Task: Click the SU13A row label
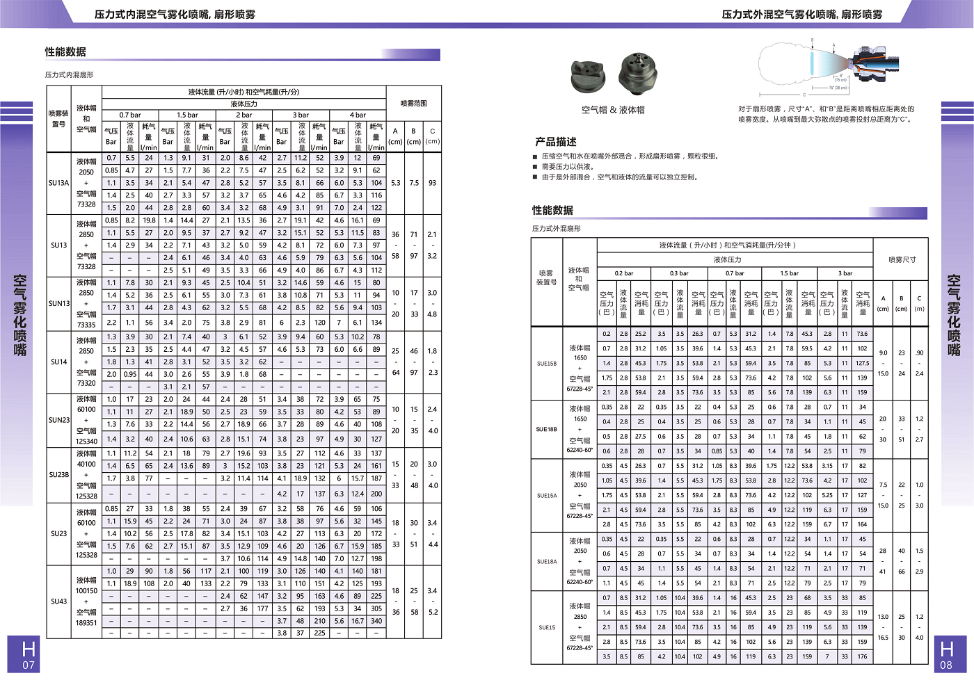tap(58, 183)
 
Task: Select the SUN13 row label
tap(59, 303)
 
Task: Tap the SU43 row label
tap(58, 601)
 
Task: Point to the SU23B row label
tap(59, 475)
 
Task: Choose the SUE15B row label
tap(547, 364)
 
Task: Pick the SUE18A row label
tap(547, 561)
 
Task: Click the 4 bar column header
tap(358, 115)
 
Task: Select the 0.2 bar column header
tap(624, 273)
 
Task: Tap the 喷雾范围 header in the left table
tap(413, 104)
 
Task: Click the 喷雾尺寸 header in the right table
tap(902, 259)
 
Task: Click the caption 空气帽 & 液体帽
tap(613, 110)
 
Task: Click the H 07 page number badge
tap(29, 654)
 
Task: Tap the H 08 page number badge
tap(946, 654)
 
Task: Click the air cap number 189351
tap(86, 623)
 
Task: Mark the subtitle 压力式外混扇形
tap(556, 228)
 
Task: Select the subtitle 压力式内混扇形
tap(69, 74)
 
